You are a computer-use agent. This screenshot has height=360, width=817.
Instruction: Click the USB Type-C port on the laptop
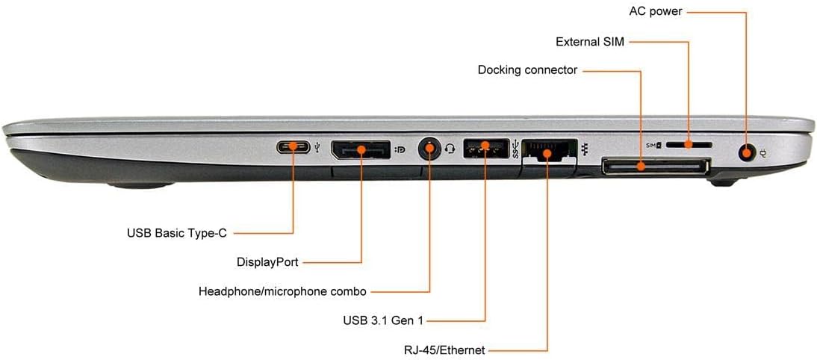pyautogui.click(x=293, y=146)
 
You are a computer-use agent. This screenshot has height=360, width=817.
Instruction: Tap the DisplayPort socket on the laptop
pyautogui.click(x=361, y=149)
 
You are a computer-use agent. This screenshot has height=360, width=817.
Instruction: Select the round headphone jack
pyautogui.click(x=429, y=148)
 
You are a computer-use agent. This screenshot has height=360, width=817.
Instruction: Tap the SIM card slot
pyautogui.click(x=689, y=143)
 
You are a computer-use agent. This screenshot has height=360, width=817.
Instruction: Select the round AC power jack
pyautogui.click(x=745, y=154)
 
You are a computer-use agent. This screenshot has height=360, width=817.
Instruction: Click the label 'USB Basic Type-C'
pyautogui.click(x=177, y=233)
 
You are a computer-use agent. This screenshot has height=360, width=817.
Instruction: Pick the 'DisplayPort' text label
pyautogui.click(x=267, y=262)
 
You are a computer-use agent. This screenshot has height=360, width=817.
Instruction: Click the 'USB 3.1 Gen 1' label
pyautogui.click(x=383, y=321)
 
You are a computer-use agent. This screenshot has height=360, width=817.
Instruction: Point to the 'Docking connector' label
pyautogui.click(x=527, y=70)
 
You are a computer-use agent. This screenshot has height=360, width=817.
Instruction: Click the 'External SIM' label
pyautogui.click(x=589, y=41)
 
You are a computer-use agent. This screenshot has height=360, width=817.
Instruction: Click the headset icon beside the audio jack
pyautogui.click(x=450, y=148)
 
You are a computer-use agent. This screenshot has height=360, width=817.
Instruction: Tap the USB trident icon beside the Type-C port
pyautogui.click(x=319, y=148)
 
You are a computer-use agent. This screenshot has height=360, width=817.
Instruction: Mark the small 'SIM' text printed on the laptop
pyautogui.click(x=650, y=143)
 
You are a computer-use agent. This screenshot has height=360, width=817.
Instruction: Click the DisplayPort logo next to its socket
pyautogui.click(x=400, y=149)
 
